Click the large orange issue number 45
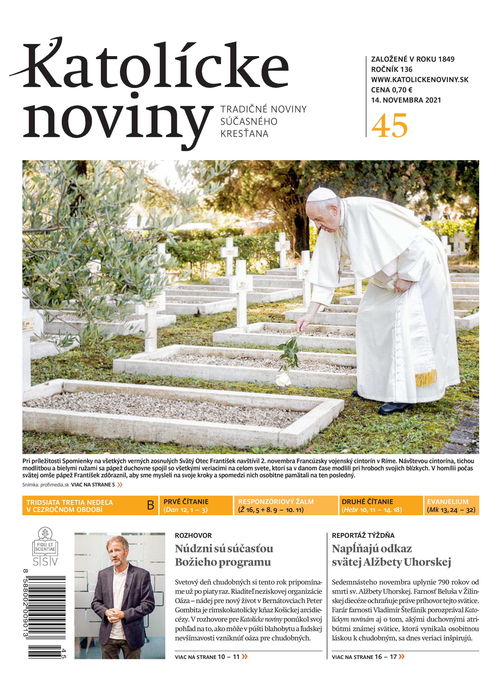(x=389, y=126)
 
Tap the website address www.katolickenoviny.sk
(x=420, y=80)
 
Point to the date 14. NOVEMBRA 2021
(x=406, y=100)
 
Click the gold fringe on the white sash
(x=426, y=378)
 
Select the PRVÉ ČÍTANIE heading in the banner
(x=186, y=502)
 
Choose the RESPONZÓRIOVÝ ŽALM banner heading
(x=276, y=502)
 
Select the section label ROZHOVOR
(x=193, y=535)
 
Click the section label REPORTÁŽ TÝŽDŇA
(x=363, y=535)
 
